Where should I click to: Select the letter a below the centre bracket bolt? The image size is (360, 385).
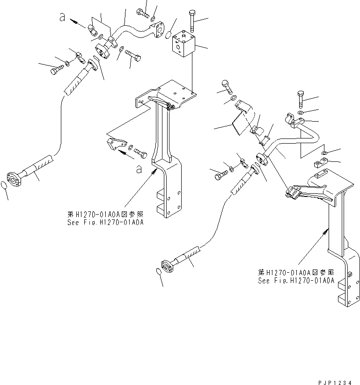(x=139, y=170)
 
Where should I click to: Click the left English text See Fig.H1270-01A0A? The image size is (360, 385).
(x=105, y=222)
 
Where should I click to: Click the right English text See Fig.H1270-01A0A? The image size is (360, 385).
(x=296, y=281)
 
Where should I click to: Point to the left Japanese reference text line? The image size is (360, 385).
(x=105, y=215)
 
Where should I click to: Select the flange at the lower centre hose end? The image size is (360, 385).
(x=167, y=264)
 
